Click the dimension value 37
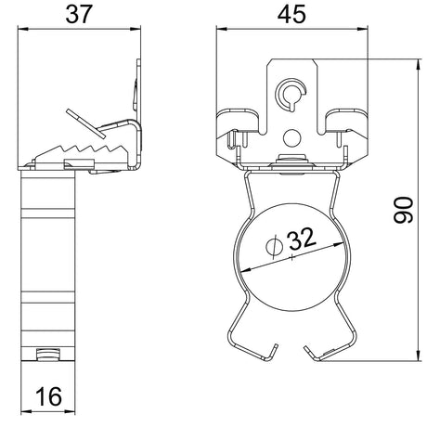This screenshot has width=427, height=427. coord(79,15)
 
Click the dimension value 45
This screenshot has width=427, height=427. coord(291,15)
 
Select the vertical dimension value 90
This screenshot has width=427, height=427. coord(404,210)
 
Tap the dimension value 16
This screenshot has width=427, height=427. coord(49,396)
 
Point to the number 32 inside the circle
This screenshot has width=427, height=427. coord(302,239)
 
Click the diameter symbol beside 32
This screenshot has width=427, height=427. coord(275,247)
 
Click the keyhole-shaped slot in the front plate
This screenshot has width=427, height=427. coord(291,94)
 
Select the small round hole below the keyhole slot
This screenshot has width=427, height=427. coord(292,138)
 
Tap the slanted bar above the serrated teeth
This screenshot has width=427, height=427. coord(85,123)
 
